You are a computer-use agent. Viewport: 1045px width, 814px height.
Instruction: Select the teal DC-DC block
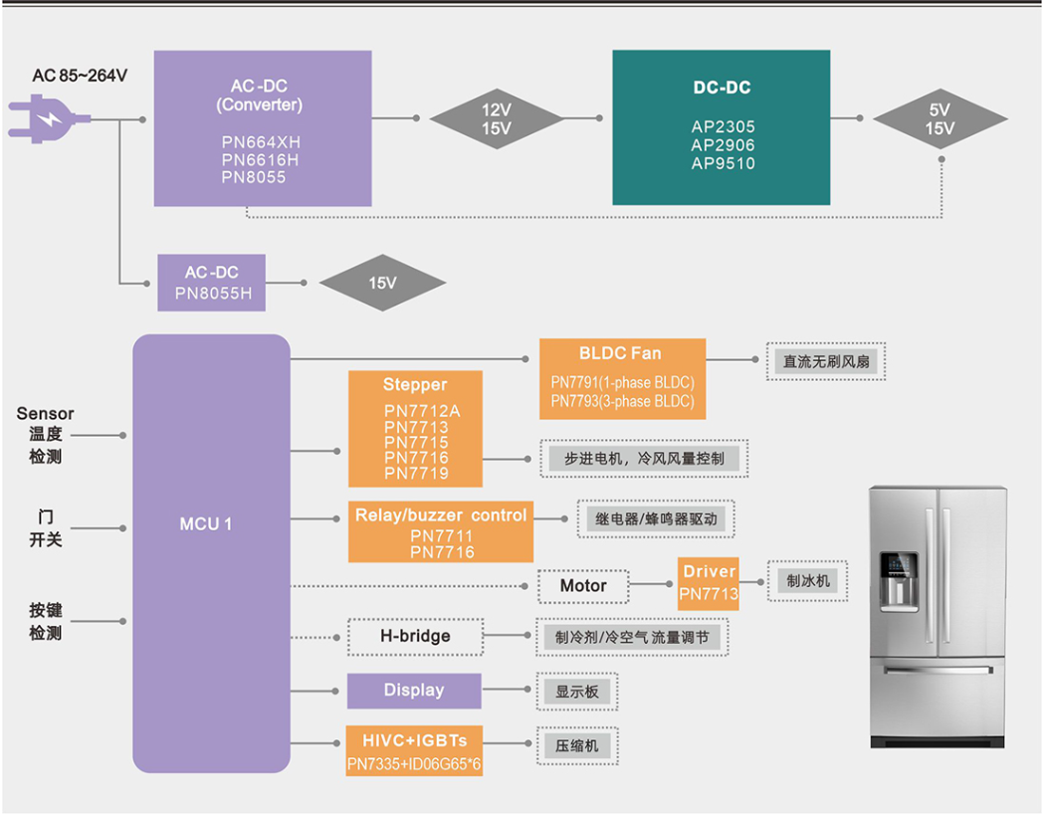pyautogui.click(x=721, y=127)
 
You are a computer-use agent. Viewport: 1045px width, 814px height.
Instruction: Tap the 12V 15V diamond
pyautogui.click(x=496, y=119)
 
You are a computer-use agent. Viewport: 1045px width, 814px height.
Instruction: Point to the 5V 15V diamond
pyautogui.click(x=940, y=119)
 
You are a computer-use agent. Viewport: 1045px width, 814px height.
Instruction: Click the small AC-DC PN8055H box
pyautogui.click(x=212, y=283)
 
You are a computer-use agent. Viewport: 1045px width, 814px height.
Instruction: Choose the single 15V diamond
pyautogui.click(x=382, y=283)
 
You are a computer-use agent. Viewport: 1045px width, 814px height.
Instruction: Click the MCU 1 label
pyautogui.click(x=206, y=523)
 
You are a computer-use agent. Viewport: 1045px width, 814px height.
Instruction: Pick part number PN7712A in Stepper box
pyautogui.click(x=416, y=411)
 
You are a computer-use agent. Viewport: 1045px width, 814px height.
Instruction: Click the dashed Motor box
pyautogui.click(x=583, y=585)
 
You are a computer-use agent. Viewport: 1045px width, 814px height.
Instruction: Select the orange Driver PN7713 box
pyautogui.click(x=709, y=583)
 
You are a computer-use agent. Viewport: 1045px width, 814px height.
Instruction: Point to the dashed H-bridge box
pyautogui.click(x=415, y=636)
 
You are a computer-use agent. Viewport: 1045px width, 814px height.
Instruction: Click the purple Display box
pyautogui.click(x=414, y=691)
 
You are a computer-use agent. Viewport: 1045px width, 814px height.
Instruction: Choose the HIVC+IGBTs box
pyautogui.click(x=414, y=751)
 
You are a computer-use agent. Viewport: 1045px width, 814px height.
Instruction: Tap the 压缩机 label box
pyautogui.click(x=576, y=745)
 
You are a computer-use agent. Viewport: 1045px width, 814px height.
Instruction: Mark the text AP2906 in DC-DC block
pyautogui.click(x=723, y=145)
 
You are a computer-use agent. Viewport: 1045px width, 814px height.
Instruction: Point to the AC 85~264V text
pyautogui.click(x=80, y=76)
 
